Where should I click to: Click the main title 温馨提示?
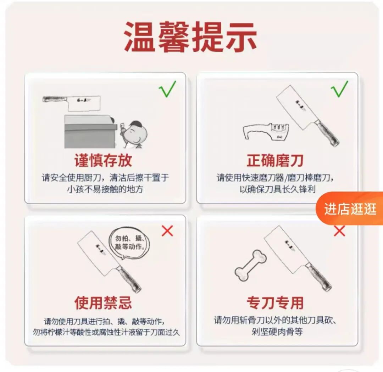click(190, 37)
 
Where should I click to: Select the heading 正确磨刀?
click(275, 161)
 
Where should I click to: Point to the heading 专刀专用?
click(275, 302)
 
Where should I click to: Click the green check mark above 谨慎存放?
click(167, 89)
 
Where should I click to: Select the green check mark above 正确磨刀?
click(339, 89)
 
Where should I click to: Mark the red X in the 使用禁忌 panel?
click(167, 231)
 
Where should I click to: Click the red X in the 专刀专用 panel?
click(339, 231)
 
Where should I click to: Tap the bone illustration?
click(250, 265)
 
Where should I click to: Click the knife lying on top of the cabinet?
click(71, 102)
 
